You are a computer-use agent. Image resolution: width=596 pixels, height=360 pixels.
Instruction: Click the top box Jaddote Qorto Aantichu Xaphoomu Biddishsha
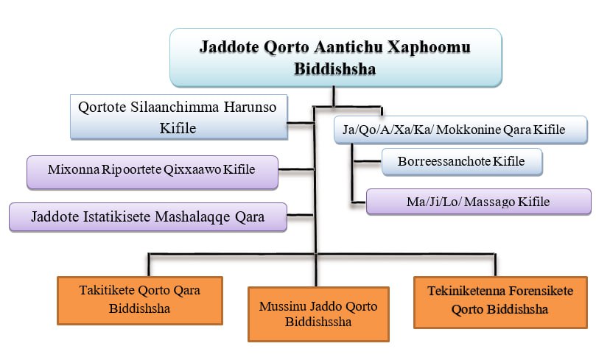tap(335, 57)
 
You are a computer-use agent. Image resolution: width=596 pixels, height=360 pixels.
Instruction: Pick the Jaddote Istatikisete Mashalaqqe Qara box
tap(147, 217)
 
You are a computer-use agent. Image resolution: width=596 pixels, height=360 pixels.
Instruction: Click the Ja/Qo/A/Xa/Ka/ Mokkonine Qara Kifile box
tap(460, 130)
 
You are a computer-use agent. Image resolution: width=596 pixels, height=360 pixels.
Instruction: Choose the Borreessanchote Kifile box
tap(461, 160)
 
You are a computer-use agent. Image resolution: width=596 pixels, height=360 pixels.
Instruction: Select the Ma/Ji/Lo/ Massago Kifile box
tap(478, 200)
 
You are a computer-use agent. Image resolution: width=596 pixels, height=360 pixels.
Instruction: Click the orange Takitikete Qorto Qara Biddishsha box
tap(139, 299)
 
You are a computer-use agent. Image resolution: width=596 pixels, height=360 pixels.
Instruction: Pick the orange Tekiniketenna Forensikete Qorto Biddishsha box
tap(499, 300)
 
